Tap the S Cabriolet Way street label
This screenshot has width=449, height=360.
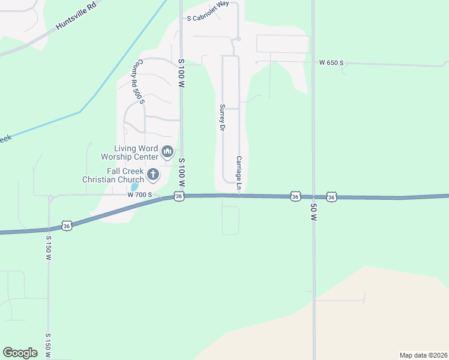(208, 19)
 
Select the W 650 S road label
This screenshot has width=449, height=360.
(331, 62)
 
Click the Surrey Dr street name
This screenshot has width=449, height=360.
(222, 118)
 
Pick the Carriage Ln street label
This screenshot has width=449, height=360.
(238, 174)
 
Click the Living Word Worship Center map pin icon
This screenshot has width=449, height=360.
(167, 151)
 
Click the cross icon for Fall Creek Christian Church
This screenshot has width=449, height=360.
(153, 175)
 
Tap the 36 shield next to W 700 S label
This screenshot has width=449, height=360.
(178, 197)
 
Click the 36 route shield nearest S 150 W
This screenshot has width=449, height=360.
(67, 226)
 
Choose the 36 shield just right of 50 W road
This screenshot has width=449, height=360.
(331, 197)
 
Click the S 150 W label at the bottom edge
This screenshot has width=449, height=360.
(47, 346)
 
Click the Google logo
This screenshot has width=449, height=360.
(20, 352)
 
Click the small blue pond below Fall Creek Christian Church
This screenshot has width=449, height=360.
(134, 187)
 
